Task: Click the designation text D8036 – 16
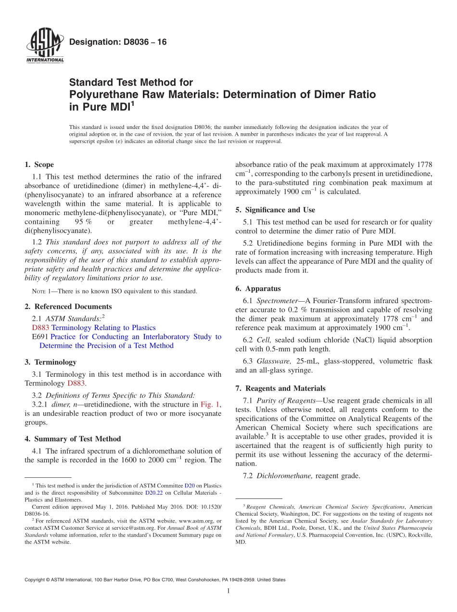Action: click(118, 42)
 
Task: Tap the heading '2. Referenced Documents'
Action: click(68, 306)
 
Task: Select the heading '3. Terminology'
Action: click(51, 362)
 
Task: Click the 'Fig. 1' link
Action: click(210, 405)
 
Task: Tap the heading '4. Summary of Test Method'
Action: click(73, 439)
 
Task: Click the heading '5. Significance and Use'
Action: click(275, 210)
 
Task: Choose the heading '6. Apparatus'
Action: click(258, 289)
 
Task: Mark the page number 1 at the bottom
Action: click(228, 591)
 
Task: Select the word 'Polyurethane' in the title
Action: click(100, 94)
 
